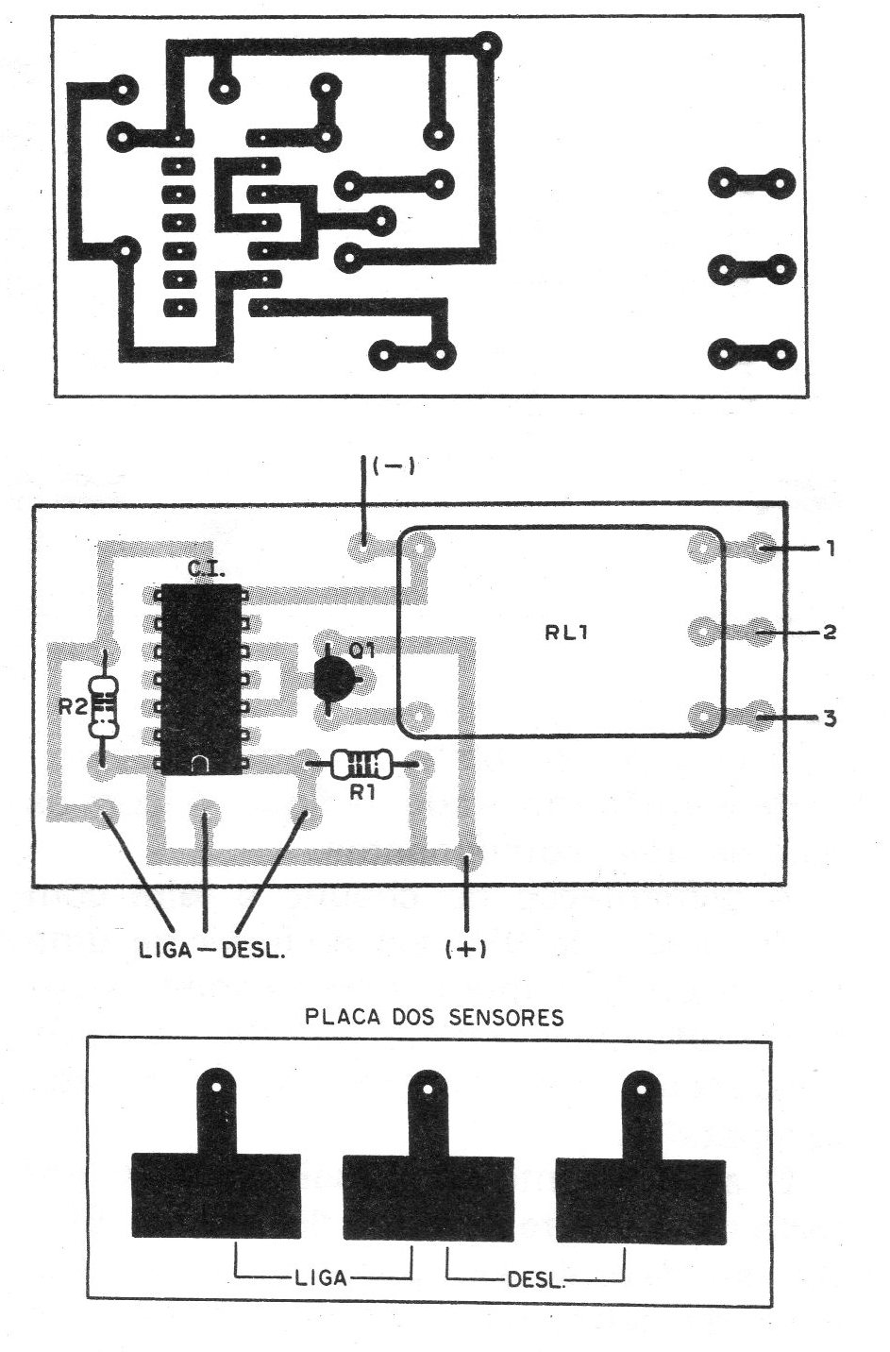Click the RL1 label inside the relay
pyautogui.click(x=566, y=633)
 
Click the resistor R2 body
pyautogui.click(x=104, y=708)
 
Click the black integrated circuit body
pyautogui.click(x=199, y=675)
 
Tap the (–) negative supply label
pyautogui.click(x=394, y=466)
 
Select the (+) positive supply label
pyautogui.click(x=465, y=949)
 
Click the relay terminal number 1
pyautogui.click(x=830, y=548)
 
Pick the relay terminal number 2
pyautogui.click(x=830, y=632)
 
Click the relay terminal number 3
pyautogui.click(x=830, y=718)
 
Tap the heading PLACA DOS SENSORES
pyautogui.click(x=434, y=1018)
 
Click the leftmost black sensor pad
pyautogui.click(x=216, y=1194)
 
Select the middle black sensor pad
pyautogui.click(x=428, y=1194)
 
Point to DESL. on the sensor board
pyautogui.click(x=536, y=1281)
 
